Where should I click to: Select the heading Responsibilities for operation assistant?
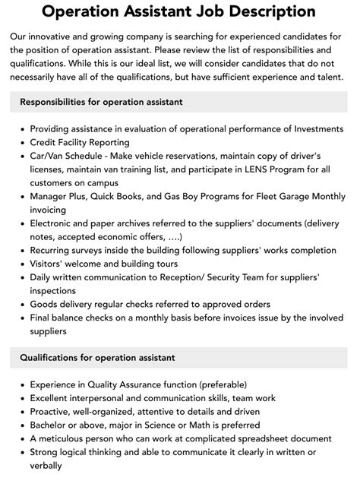pyautogui.click(x=101, y=102)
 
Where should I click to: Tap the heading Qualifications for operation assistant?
pyautogui.click(x=97, y=356)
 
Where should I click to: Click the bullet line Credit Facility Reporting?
pyautogui.click(x=80, y=142)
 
